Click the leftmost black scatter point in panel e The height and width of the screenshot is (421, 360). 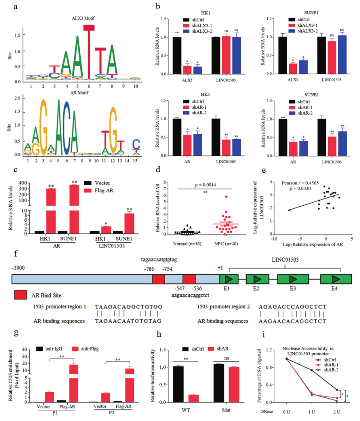coord(289,210)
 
